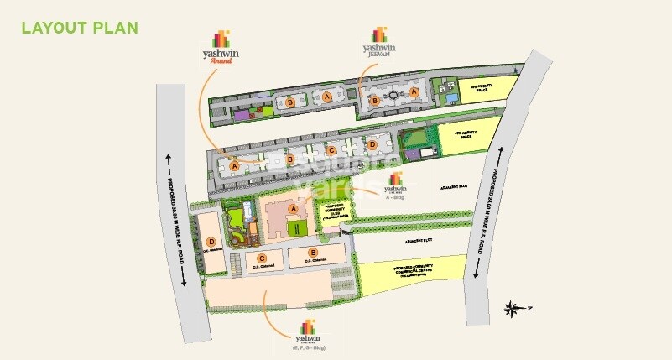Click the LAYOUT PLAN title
80,28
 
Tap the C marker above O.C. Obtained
263,258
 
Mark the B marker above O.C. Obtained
314,252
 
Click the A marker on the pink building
293,208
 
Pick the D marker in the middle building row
372,144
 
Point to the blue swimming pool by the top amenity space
452,98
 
